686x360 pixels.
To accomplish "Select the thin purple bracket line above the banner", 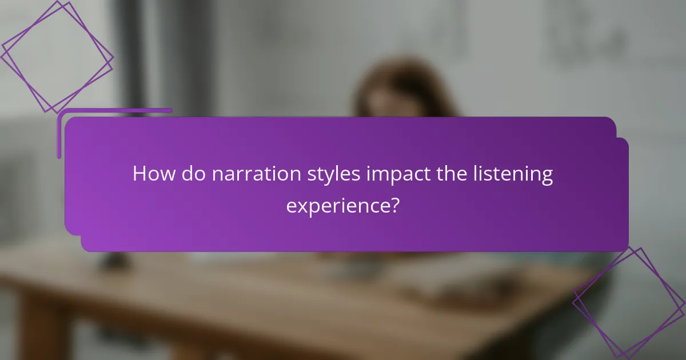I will pos(114,110).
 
